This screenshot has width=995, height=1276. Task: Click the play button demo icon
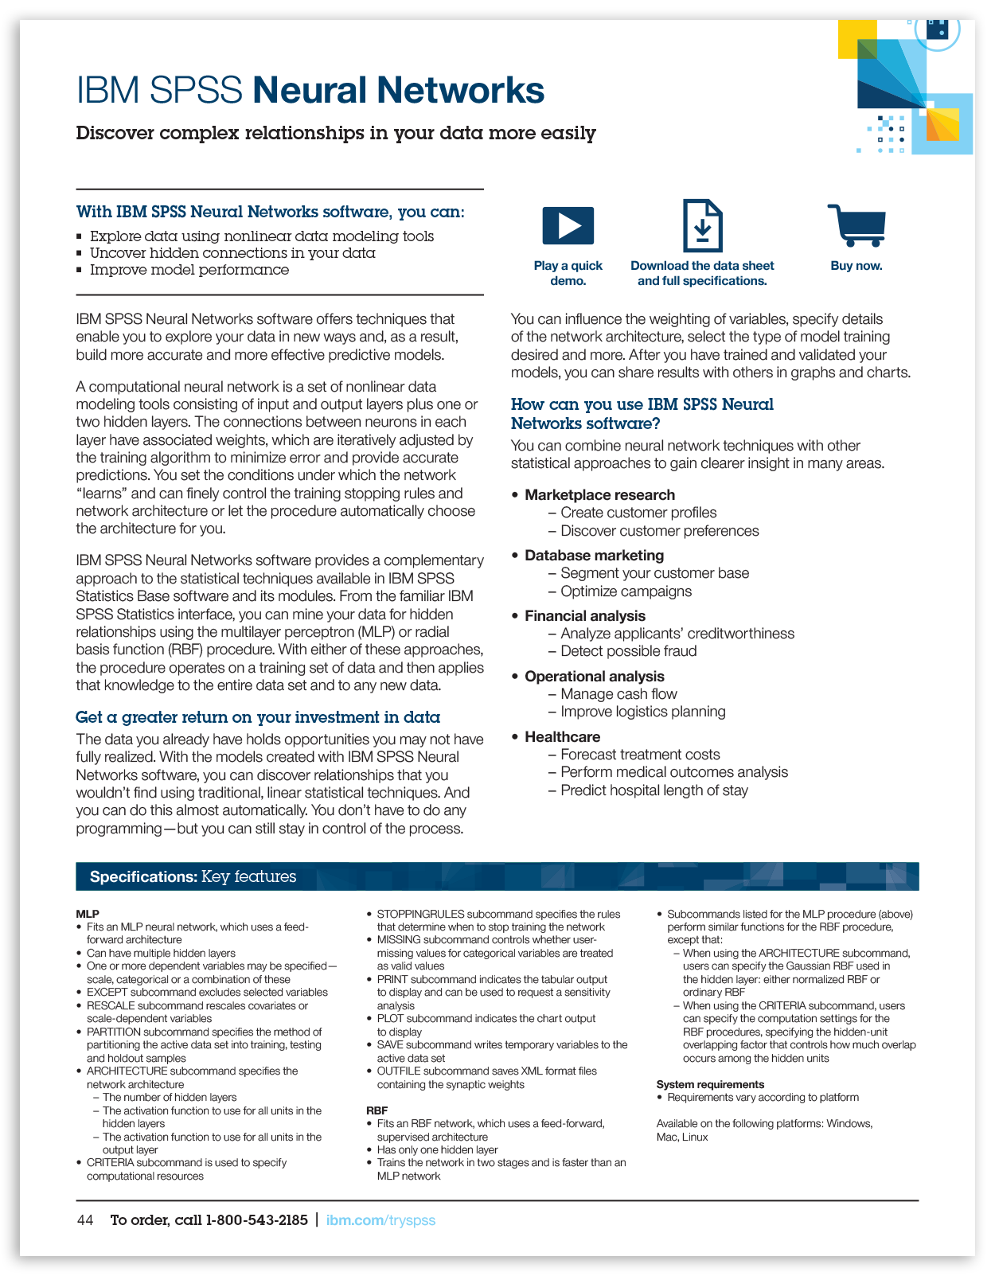tap(568, 225)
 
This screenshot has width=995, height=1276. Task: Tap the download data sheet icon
tap(702, 226)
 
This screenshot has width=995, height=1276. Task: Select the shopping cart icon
tap(857, 225)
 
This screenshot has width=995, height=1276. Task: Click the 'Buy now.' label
tap(856, 266)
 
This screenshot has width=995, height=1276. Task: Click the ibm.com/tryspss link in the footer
tap(380, 1220)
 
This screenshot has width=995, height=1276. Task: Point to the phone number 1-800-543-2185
tap(256, 1220)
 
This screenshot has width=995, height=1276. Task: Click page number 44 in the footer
tap(85, 1220)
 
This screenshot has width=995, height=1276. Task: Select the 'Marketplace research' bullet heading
tap(599, 495)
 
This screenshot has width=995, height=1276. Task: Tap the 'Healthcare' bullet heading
tap(562, 737)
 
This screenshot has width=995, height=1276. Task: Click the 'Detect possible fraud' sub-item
tap(628, 651)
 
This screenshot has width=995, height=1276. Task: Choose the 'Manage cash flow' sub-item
tap(618, 694)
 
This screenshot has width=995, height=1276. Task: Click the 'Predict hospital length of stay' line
tap(654, 790)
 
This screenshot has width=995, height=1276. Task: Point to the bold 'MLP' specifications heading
tap(88, 914)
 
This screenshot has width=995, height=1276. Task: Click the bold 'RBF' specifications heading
tap(377, 1110)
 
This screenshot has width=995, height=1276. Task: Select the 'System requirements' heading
tap(710, 1084)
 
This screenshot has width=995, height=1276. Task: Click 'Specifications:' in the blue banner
tap(143, 877)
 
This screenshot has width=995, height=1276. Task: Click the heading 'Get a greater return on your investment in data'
tap(258, 717)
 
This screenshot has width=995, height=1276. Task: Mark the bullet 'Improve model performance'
tap(189, 270)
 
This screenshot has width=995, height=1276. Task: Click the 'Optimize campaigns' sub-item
tap(626, 591)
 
